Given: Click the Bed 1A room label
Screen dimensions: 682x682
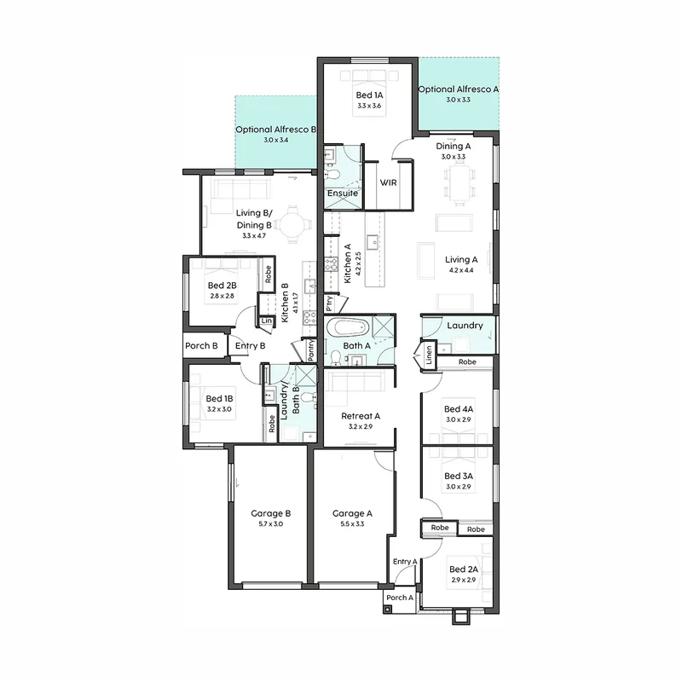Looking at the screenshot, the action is tap(369, 95).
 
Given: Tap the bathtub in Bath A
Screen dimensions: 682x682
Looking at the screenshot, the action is tap(348, 327).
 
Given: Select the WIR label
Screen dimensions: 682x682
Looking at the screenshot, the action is tap(388, 182).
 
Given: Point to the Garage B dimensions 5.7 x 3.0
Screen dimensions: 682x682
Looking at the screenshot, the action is tap(270, 524).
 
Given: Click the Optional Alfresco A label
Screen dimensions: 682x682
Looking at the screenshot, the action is tap(458, 90).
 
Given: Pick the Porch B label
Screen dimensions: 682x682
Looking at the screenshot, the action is tap(201, 346).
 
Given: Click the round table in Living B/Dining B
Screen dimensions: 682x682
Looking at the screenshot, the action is tap(293, 225).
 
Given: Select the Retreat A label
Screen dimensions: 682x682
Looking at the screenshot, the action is tap(361, 416).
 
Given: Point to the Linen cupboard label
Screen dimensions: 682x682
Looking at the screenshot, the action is tap(429, 355).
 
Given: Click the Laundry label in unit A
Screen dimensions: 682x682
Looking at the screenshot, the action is tap(465, 326).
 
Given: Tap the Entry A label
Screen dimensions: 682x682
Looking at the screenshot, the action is tap(405, 562).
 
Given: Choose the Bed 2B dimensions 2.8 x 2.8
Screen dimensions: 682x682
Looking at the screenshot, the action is tap(222, 296).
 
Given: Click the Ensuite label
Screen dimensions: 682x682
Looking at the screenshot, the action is tap(343, 194).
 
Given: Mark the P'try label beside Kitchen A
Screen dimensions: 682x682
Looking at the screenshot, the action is tap(329, 303).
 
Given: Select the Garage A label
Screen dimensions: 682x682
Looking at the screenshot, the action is tap(352, 514).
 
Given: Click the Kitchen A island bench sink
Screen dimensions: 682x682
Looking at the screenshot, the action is tap(373, 243).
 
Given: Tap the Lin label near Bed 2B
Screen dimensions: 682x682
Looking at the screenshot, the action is tap(267, 321).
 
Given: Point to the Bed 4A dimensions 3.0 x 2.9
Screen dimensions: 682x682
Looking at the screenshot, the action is tap(459, 419).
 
